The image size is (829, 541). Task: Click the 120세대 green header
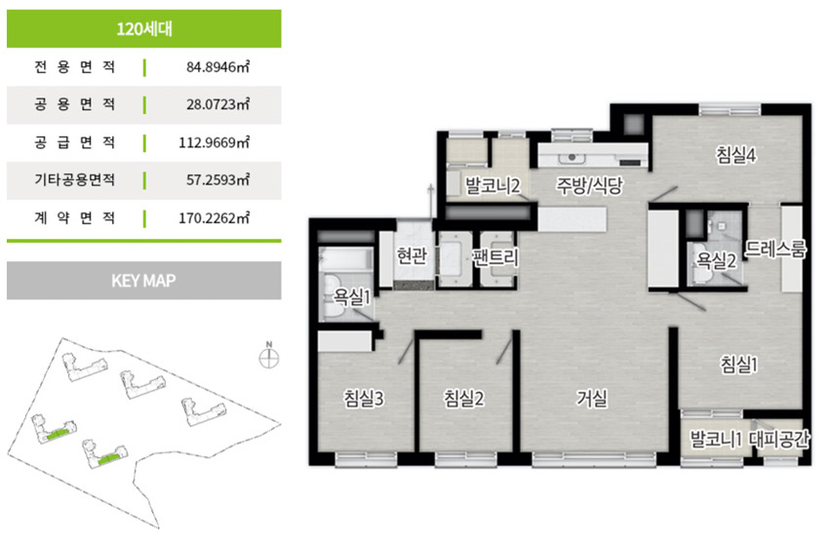143,28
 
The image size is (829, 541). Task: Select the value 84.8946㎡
217,67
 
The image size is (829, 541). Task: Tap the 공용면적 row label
74,104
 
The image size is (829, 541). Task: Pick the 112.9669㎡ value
215,142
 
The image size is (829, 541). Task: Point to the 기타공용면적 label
74,180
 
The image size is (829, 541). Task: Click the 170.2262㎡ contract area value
215,217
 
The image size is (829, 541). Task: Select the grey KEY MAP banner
143,280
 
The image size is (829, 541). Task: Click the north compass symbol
269,358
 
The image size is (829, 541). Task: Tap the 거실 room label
592,398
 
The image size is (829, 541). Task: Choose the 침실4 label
736,155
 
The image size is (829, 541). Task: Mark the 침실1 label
739,364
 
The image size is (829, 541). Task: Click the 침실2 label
463,398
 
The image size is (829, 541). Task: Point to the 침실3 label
364,398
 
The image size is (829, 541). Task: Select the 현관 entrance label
412,255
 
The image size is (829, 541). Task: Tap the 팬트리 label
495,257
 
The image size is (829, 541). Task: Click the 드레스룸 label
775,249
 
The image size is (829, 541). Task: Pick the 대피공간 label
779,439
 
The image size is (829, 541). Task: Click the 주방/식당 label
589,185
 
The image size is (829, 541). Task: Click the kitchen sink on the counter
572,158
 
